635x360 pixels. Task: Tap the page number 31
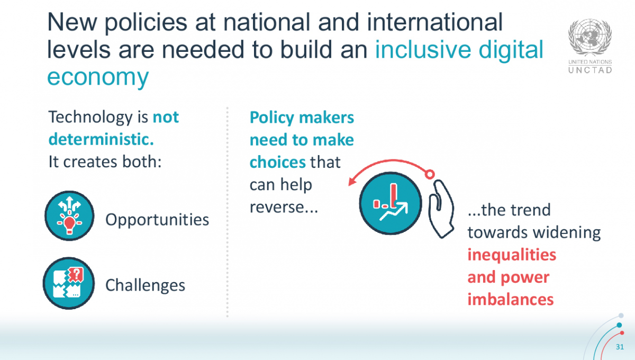[621, 348]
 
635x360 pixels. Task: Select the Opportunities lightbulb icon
[69, 216]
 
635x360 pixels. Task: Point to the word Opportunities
[157, 219]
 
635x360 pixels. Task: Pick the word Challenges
[146, 285]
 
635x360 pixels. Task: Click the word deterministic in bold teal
[101, 139]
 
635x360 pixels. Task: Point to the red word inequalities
[512, 255]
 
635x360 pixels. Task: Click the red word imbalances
[510, 299]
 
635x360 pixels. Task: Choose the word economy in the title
[98, 77]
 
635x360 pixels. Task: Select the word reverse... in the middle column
[283, 207]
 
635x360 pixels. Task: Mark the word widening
[566, 232]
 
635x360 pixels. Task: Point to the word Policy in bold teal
[273, 117]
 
